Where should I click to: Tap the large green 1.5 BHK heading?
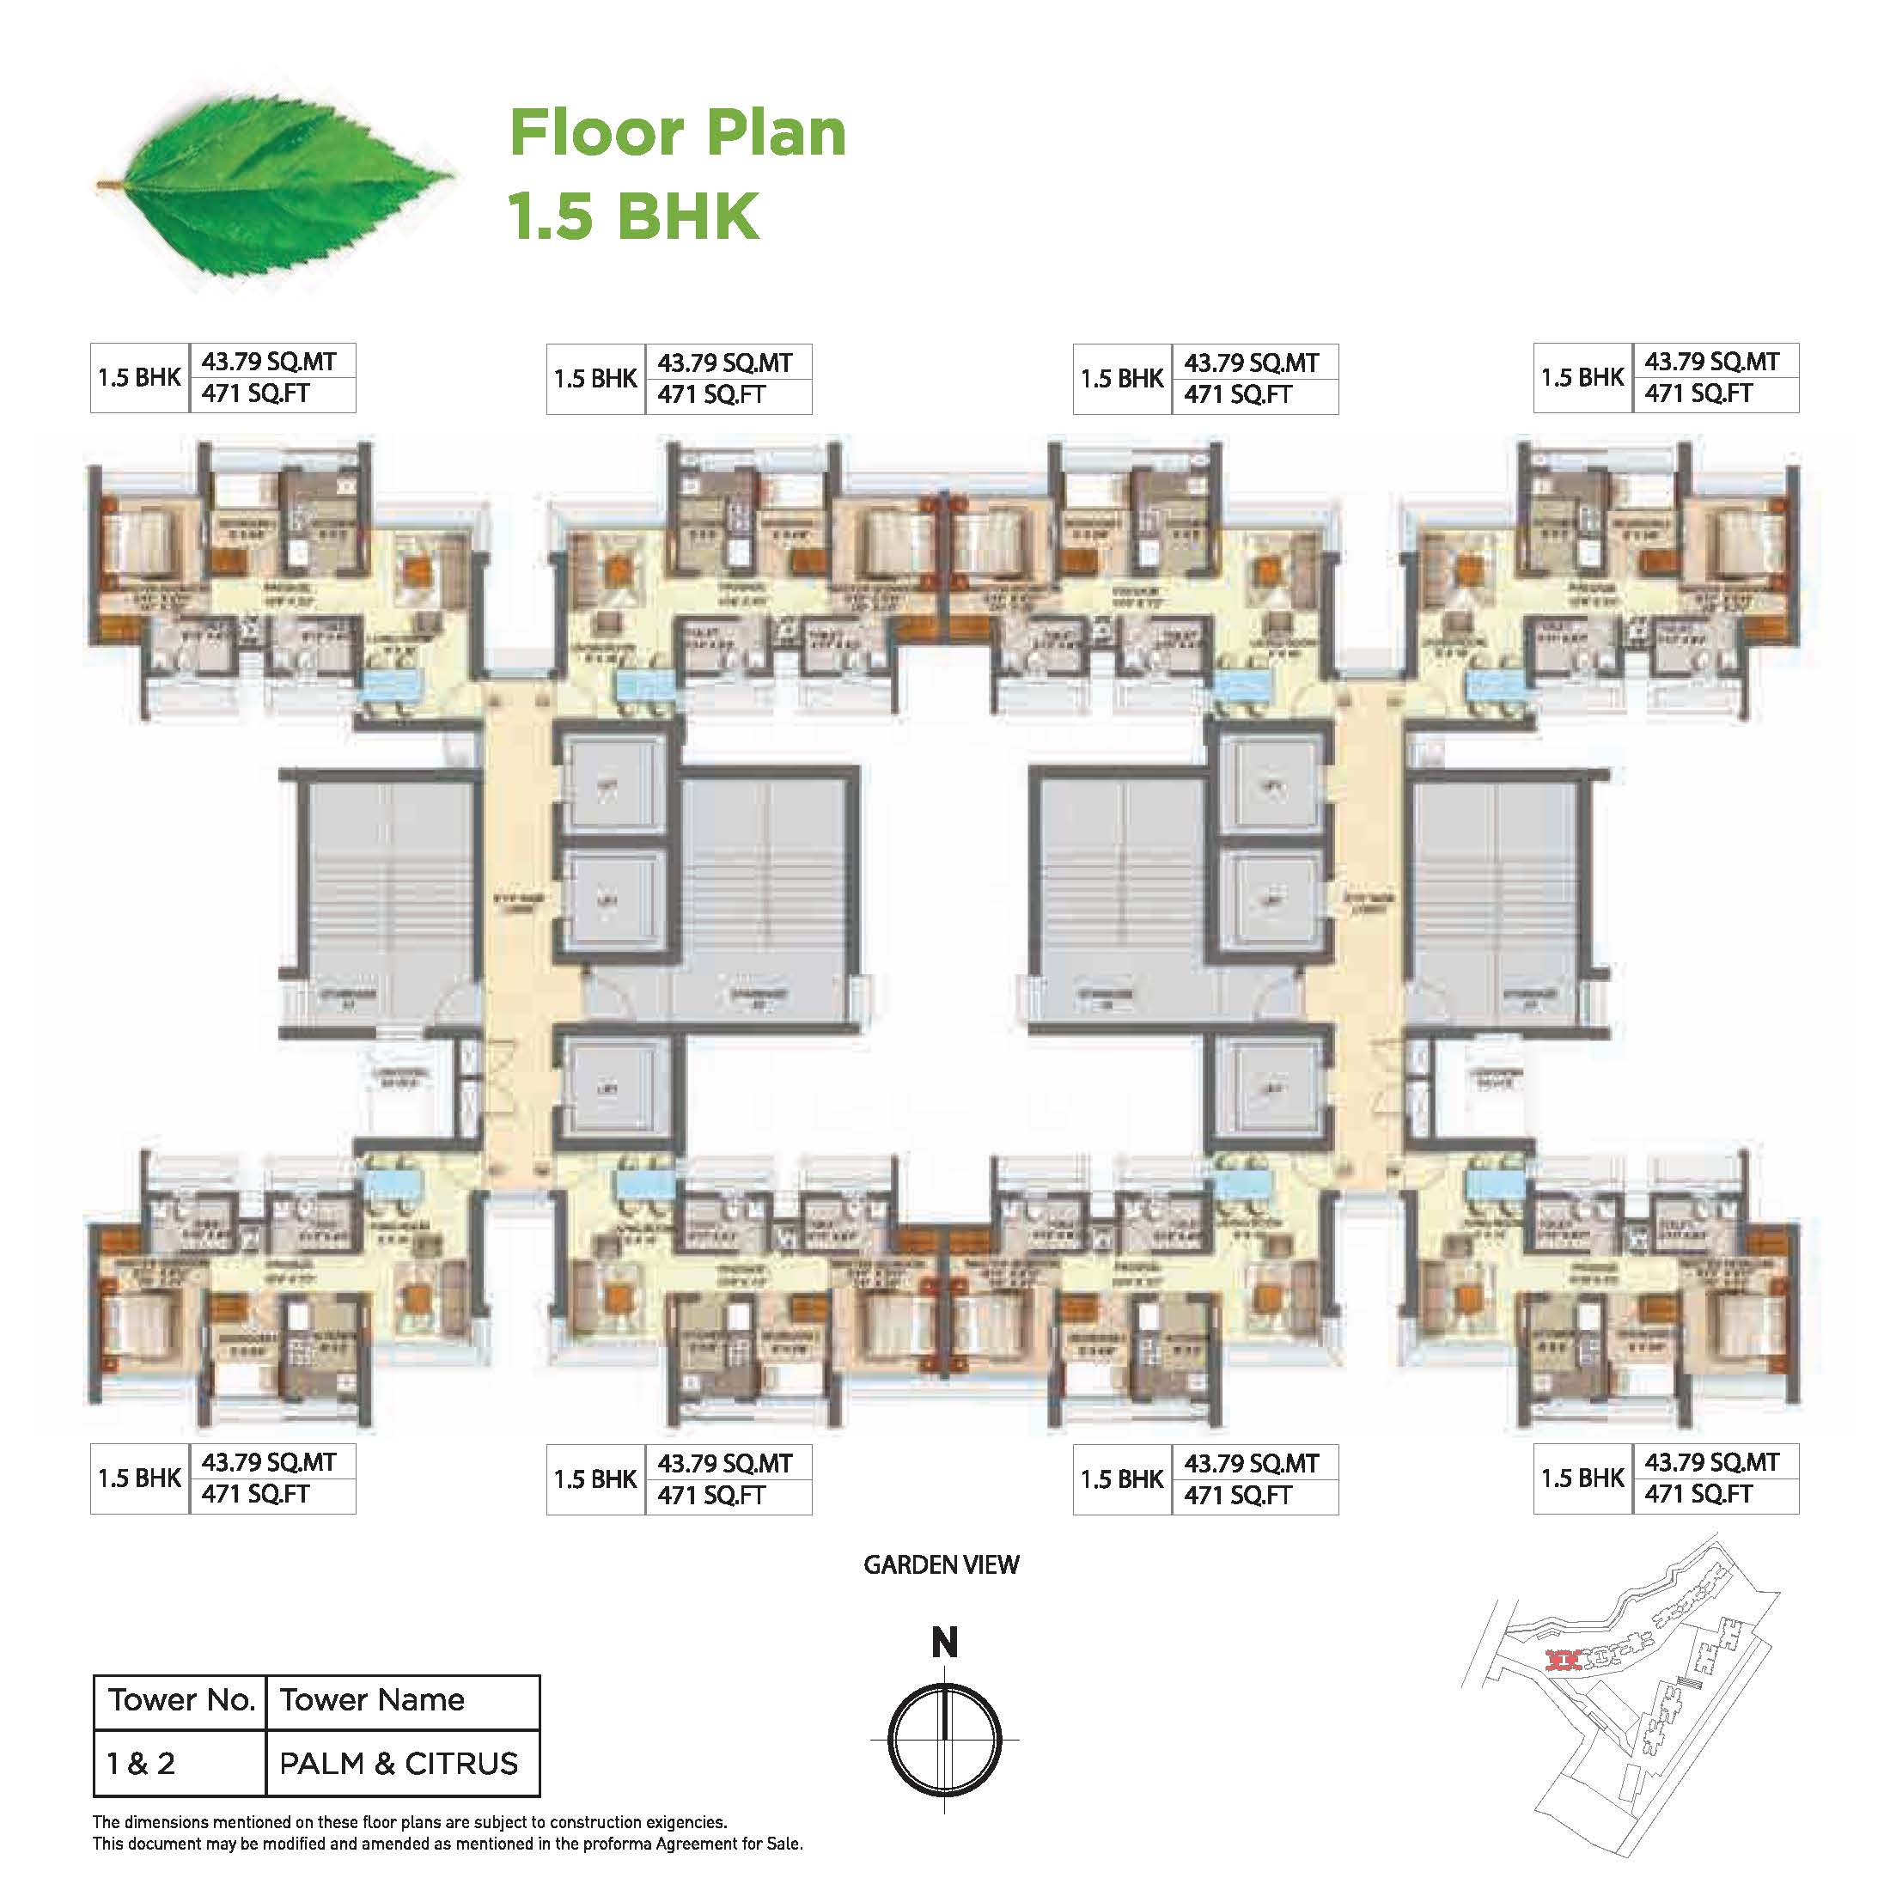(634, 216)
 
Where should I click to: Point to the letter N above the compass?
(944, 1643)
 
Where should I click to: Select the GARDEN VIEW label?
(941, 1565)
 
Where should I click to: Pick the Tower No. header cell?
(181, 1700)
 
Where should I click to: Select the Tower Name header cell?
(372, 1700)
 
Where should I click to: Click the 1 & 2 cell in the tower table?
(141, 1764)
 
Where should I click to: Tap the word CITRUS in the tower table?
(460, 1764)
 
